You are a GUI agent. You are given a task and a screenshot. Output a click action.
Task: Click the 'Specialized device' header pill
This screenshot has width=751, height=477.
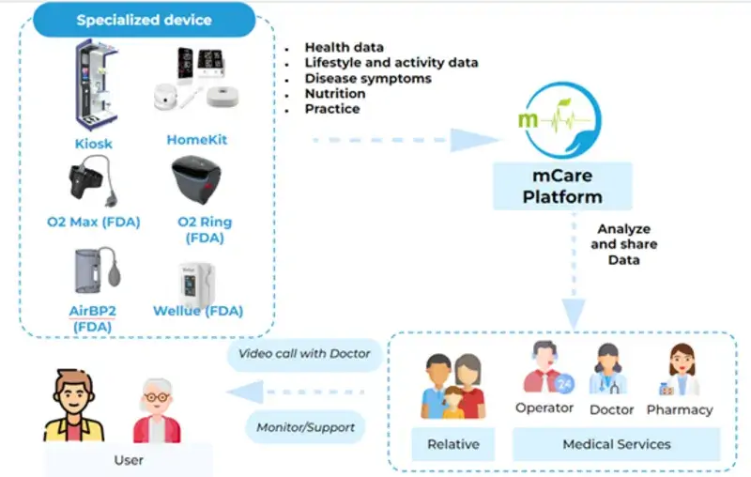[x=145, y=20]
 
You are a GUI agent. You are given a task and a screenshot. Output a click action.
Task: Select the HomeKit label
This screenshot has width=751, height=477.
[x=197, y=140]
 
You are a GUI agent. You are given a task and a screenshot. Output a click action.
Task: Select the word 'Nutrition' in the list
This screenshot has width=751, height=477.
[x=335, y=93]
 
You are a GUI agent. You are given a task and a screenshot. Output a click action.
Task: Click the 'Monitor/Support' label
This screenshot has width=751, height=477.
[x=306, y=427]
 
